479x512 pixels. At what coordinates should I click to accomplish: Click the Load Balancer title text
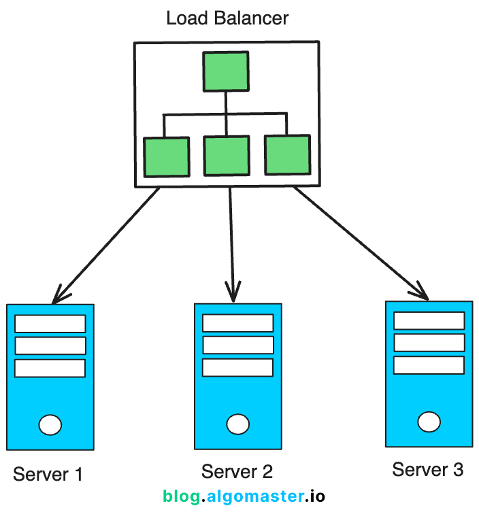(227, 18)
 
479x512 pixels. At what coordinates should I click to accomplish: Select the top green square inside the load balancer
(227, 71)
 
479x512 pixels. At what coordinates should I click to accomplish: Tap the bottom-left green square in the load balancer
(166, 157)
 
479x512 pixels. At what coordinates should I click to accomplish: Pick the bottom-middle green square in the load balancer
(226, 156)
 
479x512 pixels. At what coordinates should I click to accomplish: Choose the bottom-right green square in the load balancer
(287, 154)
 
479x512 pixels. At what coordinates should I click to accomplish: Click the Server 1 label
(48, 474)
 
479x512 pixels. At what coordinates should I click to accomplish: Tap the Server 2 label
(237, 471)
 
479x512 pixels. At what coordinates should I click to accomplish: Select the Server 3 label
(428, 469)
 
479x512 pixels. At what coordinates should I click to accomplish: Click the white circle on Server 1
(50, 426)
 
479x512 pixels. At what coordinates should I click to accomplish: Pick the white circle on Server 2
(237, 424)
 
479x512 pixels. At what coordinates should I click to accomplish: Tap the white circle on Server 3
(429, 422)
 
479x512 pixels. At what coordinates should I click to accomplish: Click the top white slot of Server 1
(50, 323)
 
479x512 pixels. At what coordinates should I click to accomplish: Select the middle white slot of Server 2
(237, 344)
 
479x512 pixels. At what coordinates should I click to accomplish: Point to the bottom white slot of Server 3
(429, 364)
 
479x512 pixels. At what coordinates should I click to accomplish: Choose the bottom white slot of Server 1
(50, 368)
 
